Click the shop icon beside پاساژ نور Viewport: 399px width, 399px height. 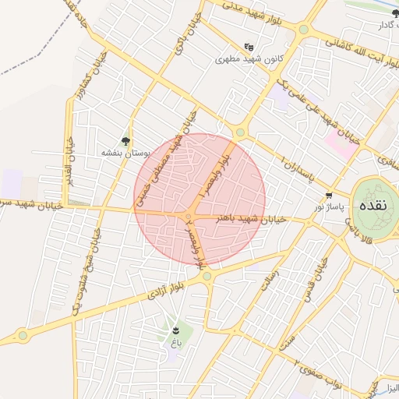point(329,196)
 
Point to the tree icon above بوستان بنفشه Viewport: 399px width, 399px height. point(125,140)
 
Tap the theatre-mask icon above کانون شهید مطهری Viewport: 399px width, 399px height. point(249,47)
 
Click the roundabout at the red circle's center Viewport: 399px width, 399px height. point(188,216)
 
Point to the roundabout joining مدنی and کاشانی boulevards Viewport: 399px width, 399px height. point(302,30)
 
